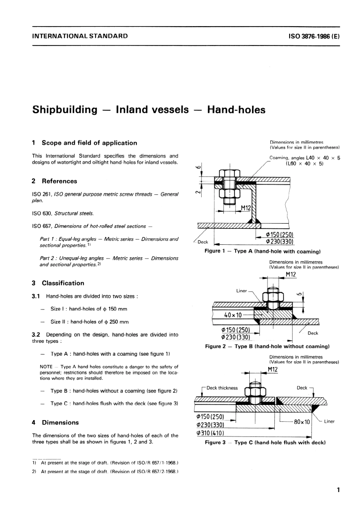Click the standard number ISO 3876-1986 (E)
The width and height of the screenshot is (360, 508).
314,36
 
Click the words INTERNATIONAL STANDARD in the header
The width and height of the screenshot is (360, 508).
80,36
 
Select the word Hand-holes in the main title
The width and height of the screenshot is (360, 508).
236,109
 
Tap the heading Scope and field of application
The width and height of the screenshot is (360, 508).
89,143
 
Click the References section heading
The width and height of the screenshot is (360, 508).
59,181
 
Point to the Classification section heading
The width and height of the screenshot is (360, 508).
63,283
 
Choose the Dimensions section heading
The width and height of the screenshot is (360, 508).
60,422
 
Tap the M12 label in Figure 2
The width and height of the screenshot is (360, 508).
291,274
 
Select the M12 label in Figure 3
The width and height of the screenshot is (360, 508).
272,369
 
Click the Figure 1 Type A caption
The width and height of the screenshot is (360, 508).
262,251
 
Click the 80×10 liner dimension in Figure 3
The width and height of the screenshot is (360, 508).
302,422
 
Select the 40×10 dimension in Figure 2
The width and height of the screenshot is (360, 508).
233,315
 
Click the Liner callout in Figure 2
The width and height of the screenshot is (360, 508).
241,291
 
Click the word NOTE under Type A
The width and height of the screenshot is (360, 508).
46,367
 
